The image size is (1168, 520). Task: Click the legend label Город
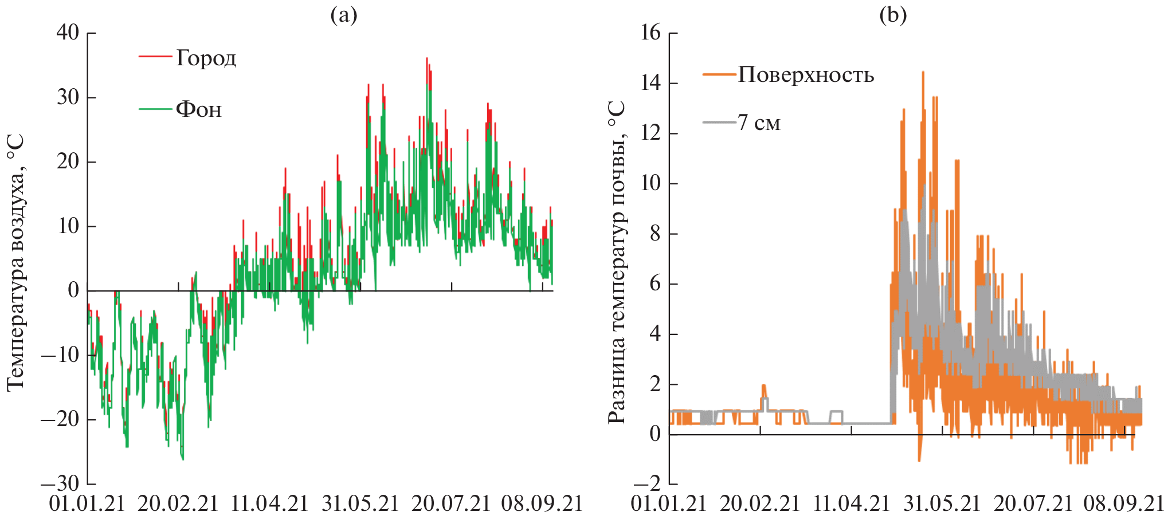click(x=206, y=58)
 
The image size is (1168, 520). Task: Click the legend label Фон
click(x=198, y=109)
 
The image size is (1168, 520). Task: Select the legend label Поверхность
click(x=806, y=75)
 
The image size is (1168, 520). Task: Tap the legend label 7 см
click(x=759, y=123)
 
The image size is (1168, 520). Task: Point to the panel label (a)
click(x=344, y=15)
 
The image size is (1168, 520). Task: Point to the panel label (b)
click(x=893, y=15)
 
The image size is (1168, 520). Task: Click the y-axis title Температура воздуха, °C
click(x=16, y=262)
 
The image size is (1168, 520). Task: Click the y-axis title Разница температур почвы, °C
click(x=617, y=262)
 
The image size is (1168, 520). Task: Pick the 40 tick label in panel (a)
click(x=68, y=33)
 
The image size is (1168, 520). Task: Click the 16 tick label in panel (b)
click(x=650, y=33)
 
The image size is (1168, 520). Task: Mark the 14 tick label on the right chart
click(x=650, y=83)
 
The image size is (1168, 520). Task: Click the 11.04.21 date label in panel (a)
click(x=269, y=504)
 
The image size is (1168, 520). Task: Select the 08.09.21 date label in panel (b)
click(x=1124, y=504)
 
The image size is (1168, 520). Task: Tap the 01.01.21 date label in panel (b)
click(x=668, y=504)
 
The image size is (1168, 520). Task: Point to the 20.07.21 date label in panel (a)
click(x=451, y=504)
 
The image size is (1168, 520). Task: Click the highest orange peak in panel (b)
click(x=923, y=72)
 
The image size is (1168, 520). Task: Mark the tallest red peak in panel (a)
click(x=426, y=58)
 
